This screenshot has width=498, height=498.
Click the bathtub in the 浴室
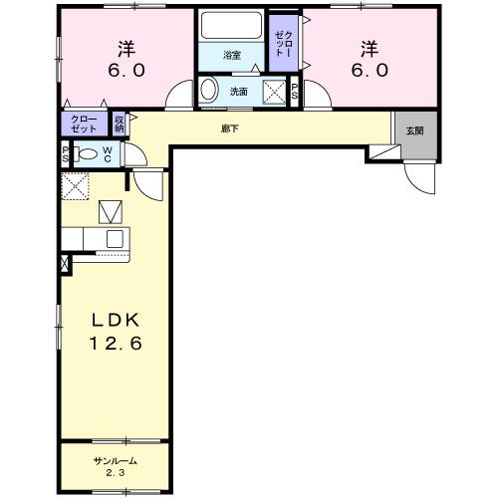click(232, 25)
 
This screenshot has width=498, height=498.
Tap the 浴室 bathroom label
click(232, 55)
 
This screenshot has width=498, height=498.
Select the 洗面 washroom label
click(239, 92)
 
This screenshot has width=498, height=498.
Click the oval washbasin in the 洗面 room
click(209, 90)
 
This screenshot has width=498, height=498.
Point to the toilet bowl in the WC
click(88, 154)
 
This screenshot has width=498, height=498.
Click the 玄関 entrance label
click(414, 130)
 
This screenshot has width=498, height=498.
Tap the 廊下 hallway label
click(230, 128)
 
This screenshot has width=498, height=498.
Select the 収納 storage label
click(120, 124)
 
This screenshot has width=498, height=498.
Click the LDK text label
click(115, 320)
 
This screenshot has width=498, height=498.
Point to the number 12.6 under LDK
click(116, 343)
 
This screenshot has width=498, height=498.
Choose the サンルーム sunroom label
click(116, 461)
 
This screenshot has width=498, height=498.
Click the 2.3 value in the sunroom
click(116, 473)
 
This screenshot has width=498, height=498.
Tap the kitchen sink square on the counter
click(115, 239)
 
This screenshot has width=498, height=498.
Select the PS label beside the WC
click(66, 154)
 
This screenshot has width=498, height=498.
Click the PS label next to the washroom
click(295, 92)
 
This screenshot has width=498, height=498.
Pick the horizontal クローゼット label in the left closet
click(84, 124)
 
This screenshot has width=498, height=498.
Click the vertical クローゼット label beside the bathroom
click(284, 44)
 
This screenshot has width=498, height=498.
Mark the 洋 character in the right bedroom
click(370, 49)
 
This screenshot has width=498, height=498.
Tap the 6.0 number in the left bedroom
click(126, 71)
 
